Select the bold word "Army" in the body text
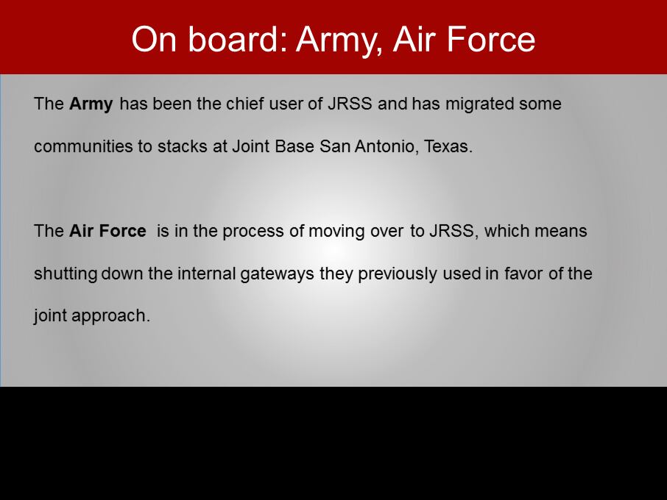click(91, 104)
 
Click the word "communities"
click(83, 146)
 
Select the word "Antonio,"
click(387, 146)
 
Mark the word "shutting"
click(66, 274)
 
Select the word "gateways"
click(277, 274)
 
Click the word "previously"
click(398, 274)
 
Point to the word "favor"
click(523, 273)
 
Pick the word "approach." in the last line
click(110, 316)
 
